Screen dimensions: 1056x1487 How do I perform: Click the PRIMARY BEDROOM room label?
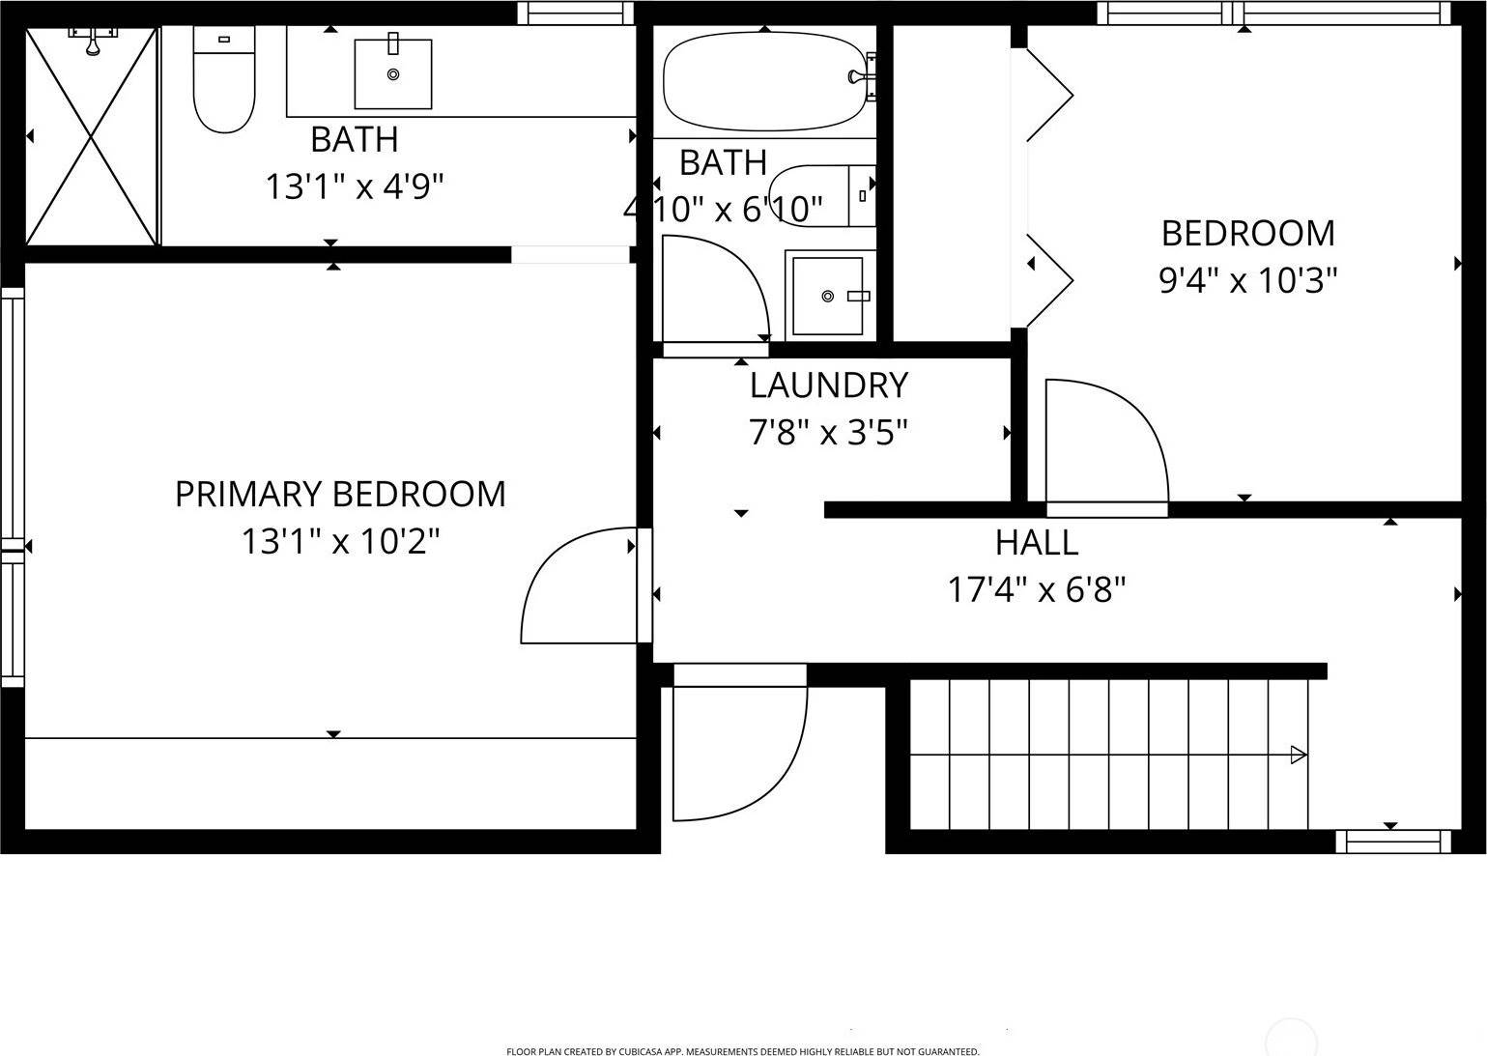pyautogui.click(x=340, y=494)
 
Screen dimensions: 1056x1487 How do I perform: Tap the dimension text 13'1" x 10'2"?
pyautogui.click(x=340, y=541)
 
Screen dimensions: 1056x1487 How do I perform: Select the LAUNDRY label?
pyautogui.click(x=829, y=385)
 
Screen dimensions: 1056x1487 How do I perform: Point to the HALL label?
pyautogui.click(x=1037, y=542)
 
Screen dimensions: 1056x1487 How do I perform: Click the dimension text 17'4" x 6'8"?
pyautogui.click(x=1037, y=588)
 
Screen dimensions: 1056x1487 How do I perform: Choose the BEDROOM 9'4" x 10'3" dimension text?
pyautogui.click(x=1247, y=280)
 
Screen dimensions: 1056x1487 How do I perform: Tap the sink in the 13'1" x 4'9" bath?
pyautogui.click(x=392, y=73)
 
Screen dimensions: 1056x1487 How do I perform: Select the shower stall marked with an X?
pyautogui.click(x=91, y=136)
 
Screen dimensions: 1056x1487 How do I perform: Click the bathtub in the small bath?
pyautogui.click(x=763, y=81)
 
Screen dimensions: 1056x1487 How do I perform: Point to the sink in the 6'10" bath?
pyautogui.click(x=829, y=295)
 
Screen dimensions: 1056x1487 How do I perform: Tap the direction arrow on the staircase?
pyautogui.click(x=1299, y=755)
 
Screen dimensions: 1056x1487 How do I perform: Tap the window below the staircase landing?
pyautogui.click(x=1392, y=842)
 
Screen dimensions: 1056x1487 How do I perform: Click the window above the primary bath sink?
pyautogui.click(x=574, y=12)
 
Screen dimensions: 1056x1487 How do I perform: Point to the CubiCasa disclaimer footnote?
pyautogui.click(x=742, y=1051)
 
